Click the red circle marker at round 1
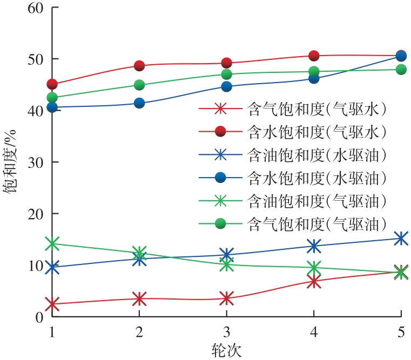52,84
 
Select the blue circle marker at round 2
139,103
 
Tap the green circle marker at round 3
226,74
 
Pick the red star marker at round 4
314,281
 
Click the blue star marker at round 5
401,238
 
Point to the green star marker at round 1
52,243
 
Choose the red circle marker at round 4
314,56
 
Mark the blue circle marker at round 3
226,86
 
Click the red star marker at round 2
139,298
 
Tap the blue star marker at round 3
226,255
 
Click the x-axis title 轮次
226,349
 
